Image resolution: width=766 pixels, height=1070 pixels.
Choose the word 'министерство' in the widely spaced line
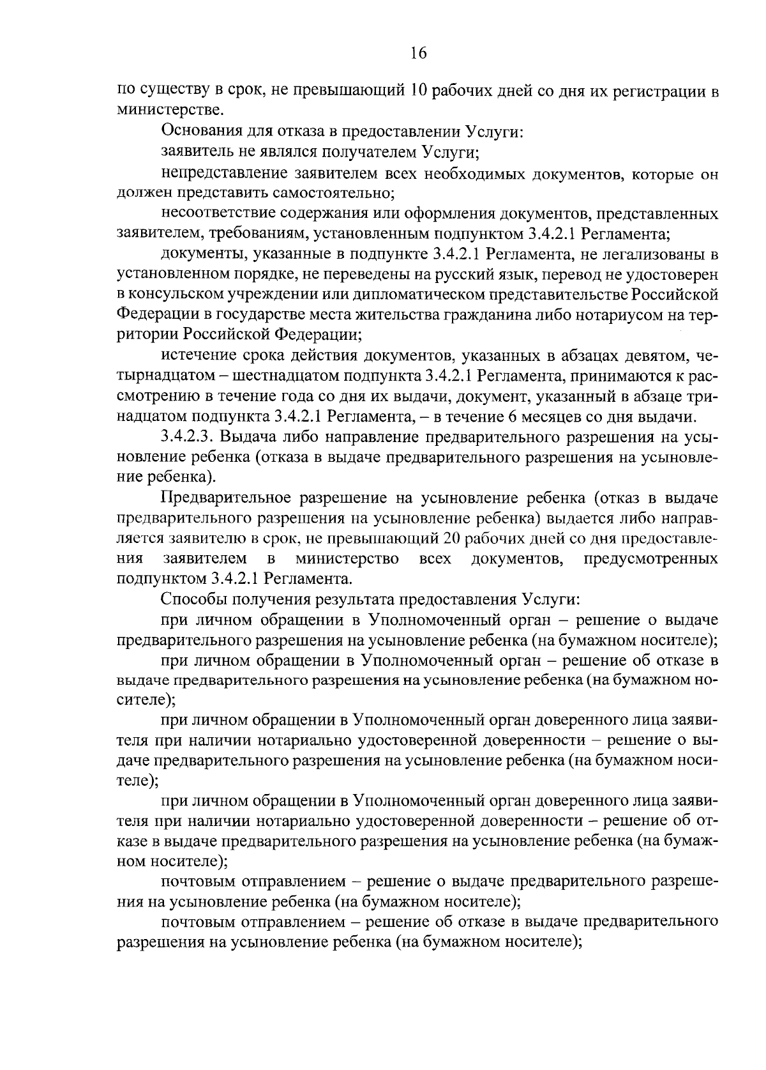click(x=348, y=559)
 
